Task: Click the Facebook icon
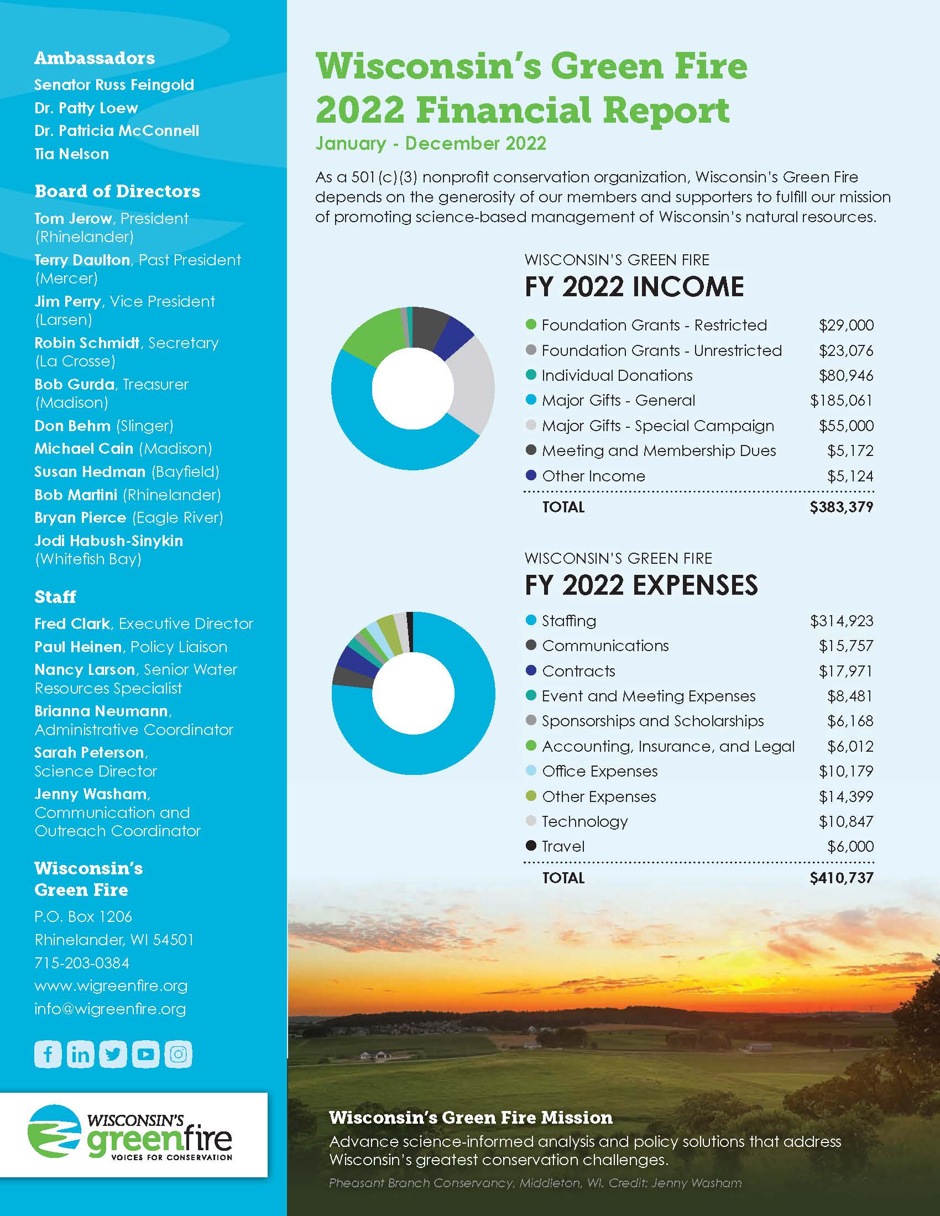tap(48, 1054)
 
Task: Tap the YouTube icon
tap(146, 1054)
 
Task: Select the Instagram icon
tap(178, 1054)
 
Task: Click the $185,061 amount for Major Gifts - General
tap(841, 400)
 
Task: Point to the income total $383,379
tap(841, 507)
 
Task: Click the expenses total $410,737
tap(841, 878)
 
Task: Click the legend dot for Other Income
tap(531, 475)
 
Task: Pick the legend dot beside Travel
tap(531, 846)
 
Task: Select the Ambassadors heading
tap(95, 58)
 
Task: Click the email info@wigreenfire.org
tap(110, 1009)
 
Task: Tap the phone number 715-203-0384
tap(82, 963)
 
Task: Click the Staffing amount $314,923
tap(841, 621)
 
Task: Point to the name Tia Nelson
tap(72, 154)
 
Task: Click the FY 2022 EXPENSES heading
tap(641, 585)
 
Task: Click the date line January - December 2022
tap(430, 143)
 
